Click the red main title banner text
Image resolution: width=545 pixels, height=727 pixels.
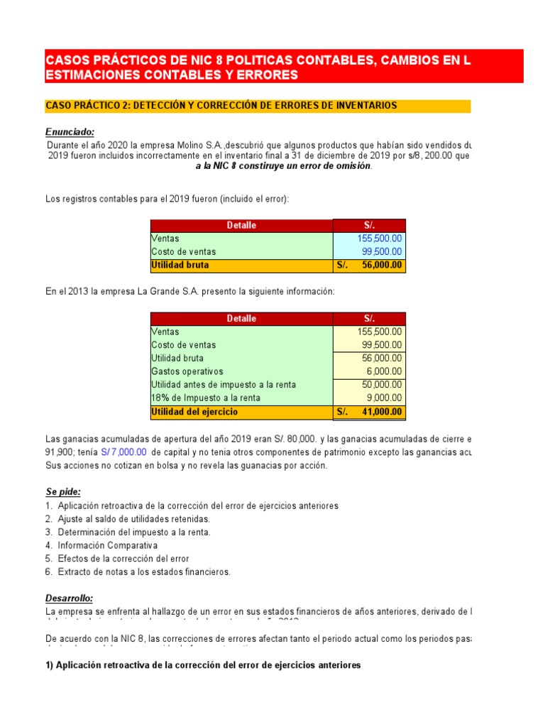(x=257, y=67)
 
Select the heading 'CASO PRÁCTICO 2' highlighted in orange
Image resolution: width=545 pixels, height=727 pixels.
(x=221, y=106)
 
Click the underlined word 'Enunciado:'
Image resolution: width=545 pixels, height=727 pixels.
(x=70, y=132)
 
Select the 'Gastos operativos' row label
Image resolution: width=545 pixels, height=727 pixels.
(x=187, y=371)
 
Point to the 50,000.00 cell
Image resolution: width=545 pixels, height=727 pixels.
(x=382, y=385)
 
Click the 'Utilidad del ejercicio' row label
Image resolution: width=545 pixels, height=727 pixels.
(x=195, y=412)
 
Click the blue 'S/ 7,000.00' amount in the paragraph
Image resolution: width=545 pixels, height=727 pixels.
(x=123, y=452)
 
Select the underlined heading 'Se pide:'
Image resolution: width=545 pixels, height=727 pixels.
(x=64, y=492)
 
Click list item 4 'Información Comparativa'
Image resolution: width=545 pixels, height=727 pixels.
(x=107, y=545)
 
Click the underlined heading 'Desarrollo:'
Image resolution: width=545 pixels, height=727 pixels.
(x=70, y=598)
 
